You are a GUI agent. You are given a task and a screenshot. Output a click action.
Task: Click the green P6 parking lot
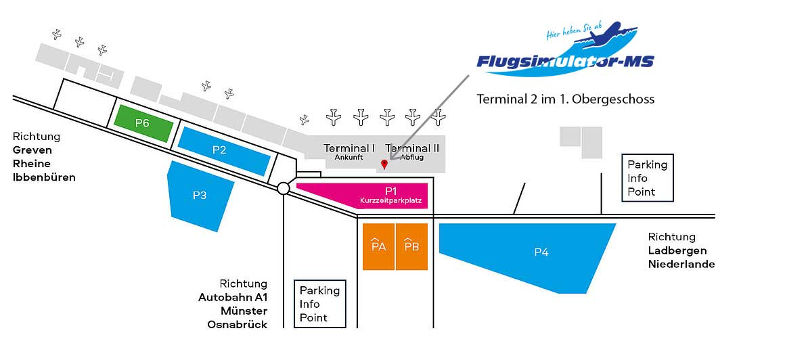[x=142, y=123]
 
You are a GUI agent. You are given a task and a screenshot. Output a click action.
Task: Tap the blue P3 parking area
[x=200, y=195]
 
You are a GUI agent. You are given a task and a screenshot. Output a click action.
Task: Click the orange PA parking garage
[x=379, y=246]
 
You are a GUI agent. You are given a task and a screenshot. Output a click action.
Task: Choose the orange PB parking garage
[x=411, y=246]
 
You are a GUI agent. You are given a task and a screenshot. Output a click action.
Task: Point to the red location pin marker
[x=384, y=164]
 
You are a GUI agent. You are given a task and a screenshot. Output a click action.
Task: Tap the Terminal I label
[x=349, y=148]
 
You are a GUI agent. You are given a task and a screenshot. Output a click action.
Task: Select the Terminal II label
[x=413, y=148]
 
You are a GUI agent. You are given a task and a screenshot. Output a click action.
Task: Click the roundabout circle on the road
[x=284, y=189]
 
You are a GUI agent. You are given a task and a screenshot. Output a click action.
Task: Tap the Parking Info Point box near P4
[x=648, y=178]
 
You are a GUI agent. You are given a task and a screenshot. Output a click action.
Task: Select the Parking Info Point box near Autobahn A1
[x=319, y=304]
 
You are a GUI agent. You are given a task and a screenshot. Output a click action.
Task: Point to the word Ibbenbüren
[x=44, y=177]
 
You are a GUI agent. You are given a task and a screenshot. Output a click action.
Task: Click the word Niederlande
[x=681, y=264]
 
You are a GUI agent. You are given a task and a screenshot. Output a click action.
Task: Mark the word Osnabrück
[x=237, y=325]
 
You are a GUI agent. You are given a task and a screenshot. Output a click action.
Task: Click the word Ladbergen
[x=677, y=250]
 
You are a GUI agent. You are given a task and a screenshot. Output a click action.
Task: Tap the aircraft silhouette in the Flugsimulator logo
[x=609, y=32]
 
